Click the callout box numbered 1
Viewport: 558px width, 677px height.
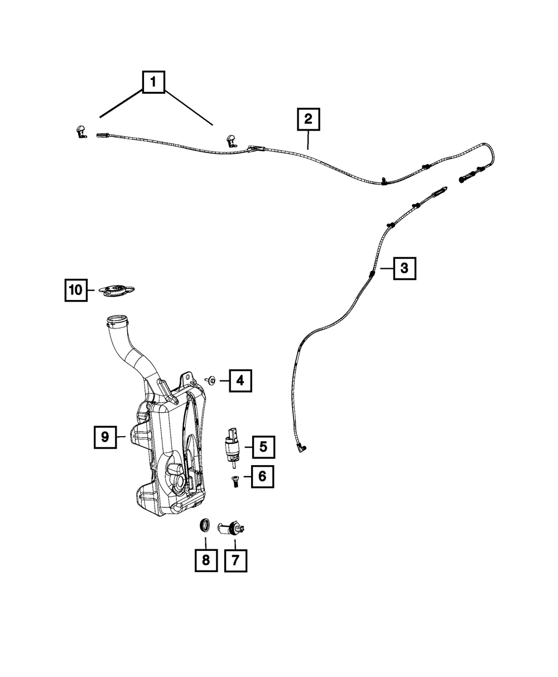point(153,83)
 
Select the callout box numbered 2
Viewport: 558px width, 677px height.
point(308,120)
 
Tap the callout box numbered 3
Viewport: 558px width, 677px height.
point(405,268)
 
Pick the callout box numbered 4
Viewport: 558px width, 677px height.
point(240,381)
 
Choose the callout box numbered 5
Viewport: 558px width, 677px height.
point(263,446)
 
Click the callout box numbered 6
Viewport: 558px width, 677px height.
point(262,477)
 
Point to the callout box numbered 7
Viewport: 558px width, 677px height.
point(235,560)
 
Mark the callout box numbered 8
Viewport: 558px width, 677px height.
point(205,560)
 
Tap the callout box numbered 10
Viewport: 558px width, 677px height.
point(75,290)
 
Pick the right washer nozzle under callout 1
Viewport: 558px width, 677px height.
point(230,141)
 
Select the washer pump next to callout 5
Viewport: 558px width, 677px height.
point(232,445)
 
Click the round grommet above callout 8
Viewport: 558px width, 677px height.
point(205,525)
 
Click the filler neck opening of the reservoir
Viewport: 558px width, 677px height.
point(117,321)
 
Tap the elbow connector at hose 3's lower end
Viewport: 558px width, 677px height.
point(303,447)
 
